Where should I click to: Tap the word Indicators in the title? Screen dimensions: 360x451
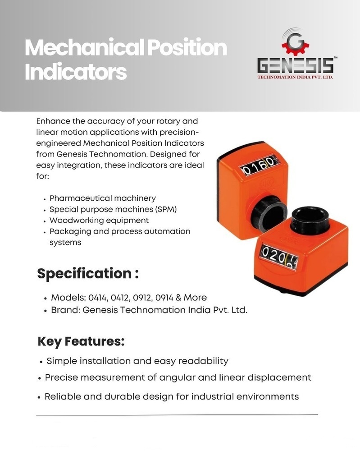click(x=76, y=72)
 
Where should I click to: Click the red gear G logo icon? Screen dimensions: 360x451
click(x=296, y=41)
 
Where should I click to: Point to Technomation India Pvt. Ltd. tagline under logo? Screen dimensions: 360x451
click(x=296, y=77)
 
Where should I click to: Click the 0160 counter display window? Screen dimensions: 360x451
click(x=257, y=166)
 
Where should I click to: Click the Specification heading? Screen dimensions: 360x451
click(x=88, y=274)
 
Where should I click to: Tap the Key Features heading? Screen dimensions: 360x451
click(x=81, y=342)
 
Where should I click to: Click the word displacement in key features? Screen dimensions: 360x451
click(x=279, y=377)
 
